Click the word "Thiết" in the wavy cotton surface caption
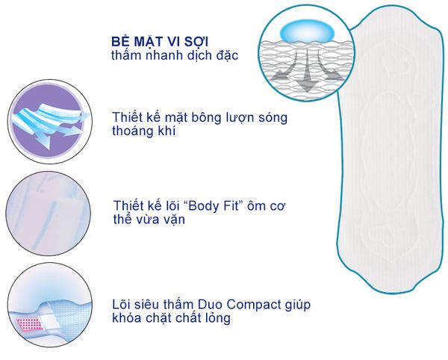tap(128, 118)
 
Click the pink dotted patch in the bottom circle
tap(29, 322)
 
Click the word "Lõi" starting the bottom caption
tap(122, 305)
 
